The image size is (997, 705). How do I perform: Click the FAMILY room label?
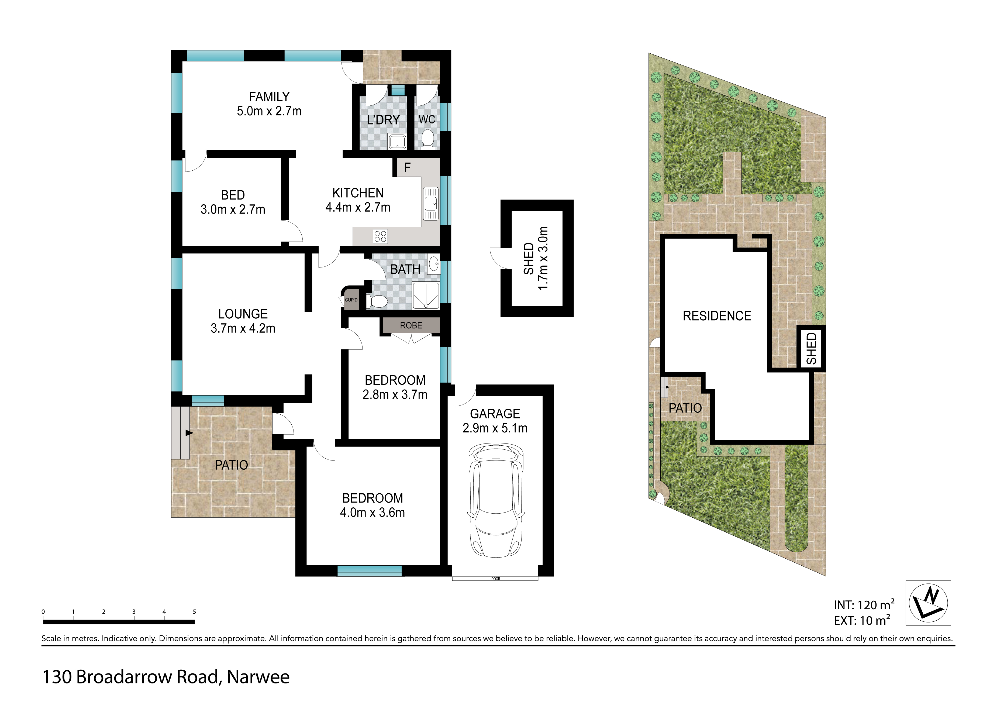point(269,97)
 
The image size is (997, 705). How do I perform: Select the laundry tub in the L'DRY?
point(397,142)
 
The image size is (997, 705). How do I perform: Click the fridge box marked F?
point(407,167)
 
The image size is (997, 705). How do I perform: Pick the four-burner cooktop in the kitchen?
point(380,236)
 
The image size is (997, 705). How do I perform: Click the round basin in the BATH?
point(433,263)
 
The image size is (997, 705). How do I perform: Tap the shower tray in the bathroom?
point(426,296)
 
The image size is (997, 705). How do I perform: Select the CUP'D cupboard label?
point(351,300)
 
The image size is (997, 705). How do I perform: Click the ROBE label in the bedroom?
point(411,325)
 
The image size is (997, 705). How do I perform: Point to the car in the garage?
point(495,500)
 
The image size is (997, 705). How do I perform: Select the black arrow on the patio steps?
point(189,433)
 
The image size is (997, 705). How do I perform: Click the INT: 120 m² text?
point(864,604)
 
